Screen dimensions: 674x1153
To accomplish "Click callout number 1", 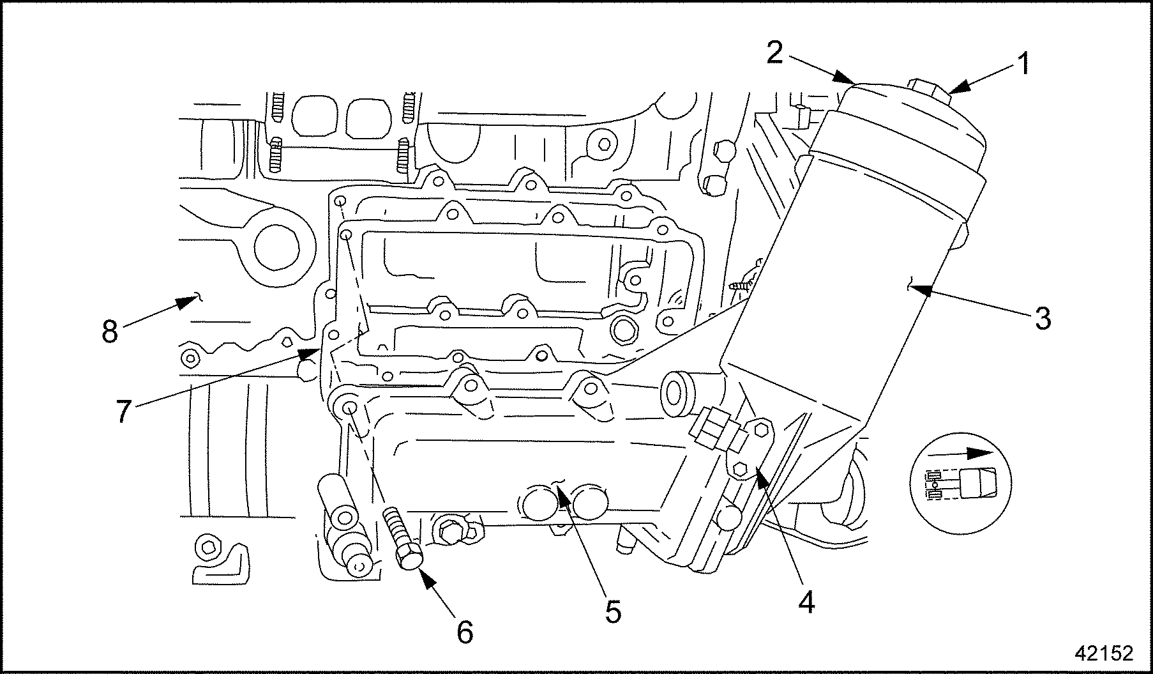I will (1022, 64).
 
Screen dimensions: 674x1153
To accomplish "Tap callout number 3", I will (1042, 318).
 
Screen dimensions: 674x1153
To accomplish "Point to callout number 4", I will (806, 601).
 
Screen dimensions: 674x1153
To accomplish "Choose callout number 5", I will (612, 611).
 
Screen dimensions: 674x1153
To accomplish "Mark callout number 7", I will (123, 411).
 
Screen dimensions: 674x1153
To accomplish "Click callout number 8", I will (110, 331).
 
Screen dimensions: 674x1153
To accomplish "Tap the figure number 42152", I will (1104, 652).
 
